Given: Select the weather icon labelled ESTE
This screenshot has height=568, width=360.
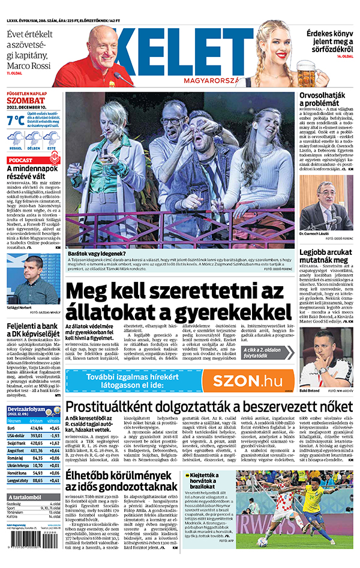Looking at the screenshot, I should [x=52, y=140].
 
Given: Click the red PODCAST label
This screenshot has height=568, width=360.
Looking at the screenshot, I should [x=22, y=160].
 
